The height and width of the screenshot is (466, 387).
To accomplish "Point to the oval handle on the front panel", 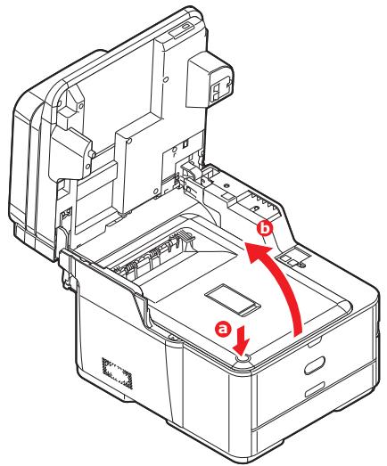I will tap(317, 366).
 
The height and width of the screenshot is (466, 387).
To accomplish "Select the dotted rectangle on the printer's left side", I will tap(115, 372).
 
